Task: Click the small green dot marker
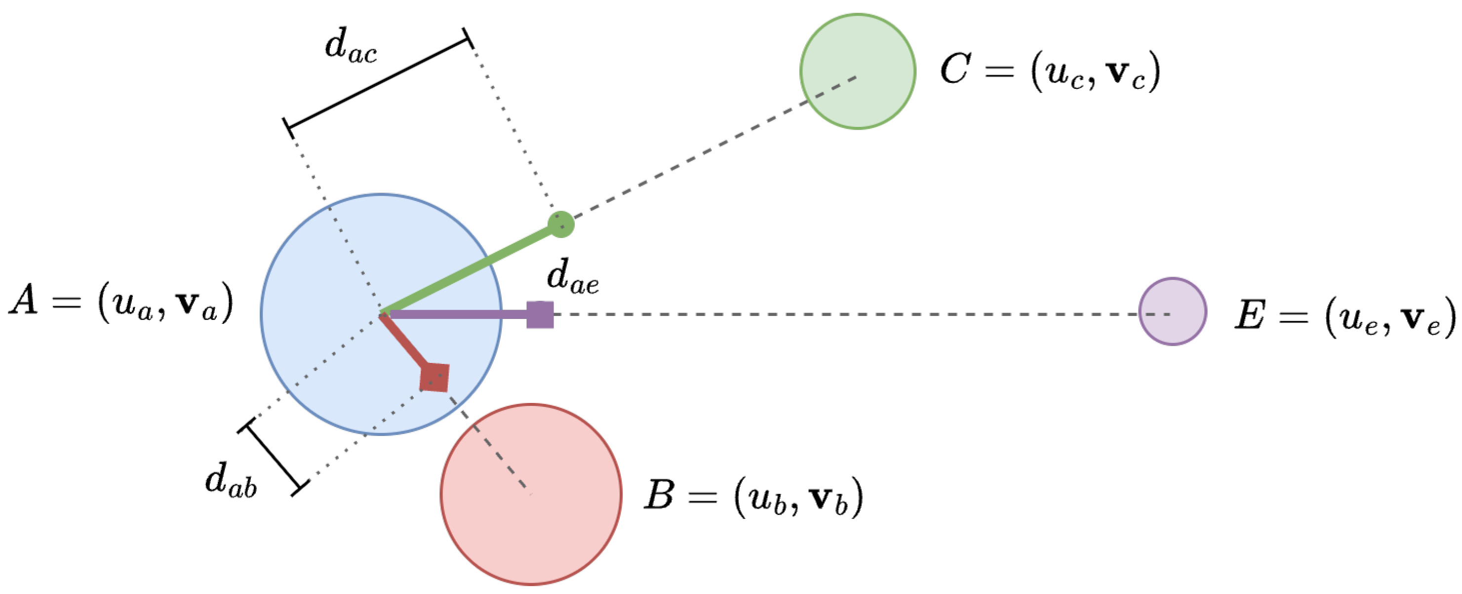(x=561, y=224)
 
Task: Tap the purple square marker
(x=540, y=315)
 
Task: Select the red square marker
(x=434, y=377)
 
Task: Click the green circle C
(x=858, y=72)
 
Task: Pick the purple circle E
(x=1173, y=312)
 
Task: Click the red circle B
(x=531, y=494)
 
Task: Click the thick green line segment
(x=471, y=268)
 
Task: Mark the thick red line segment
(x=403, y=341)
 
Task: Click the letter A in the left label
(x=24, y=299)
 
